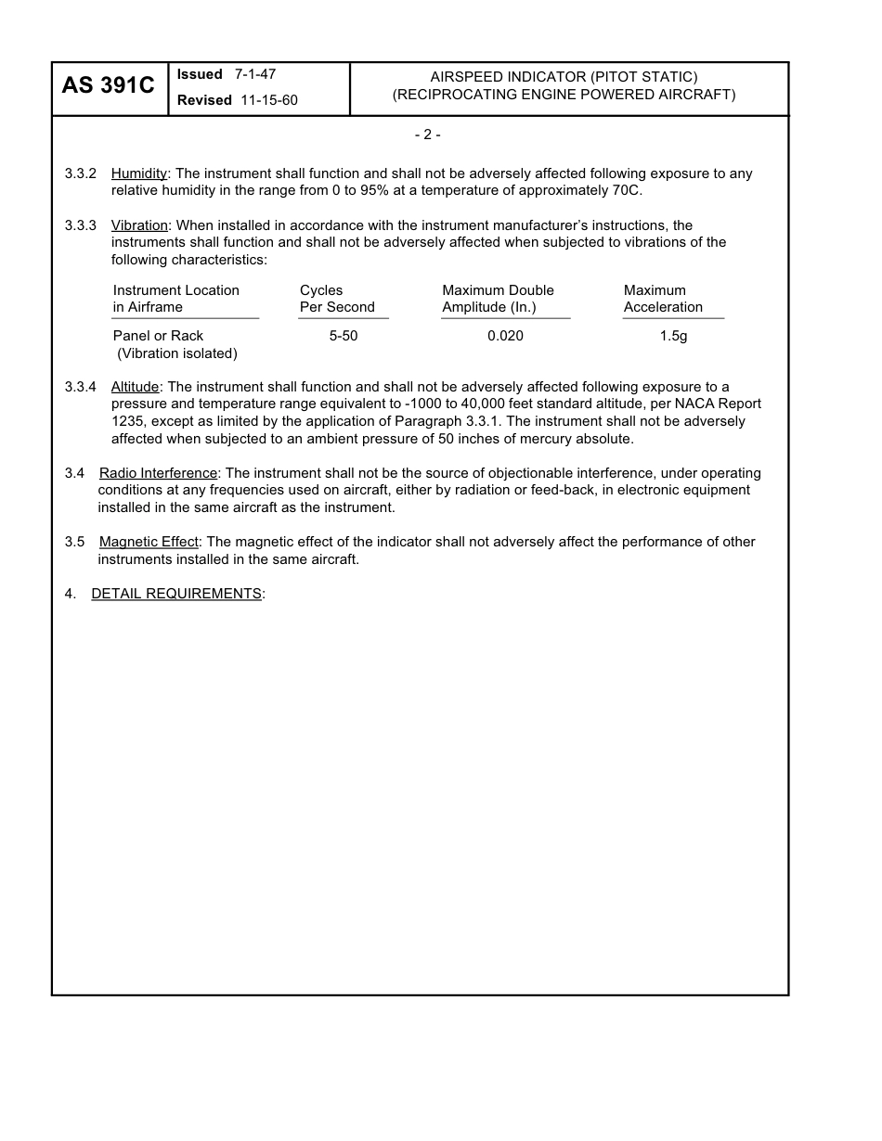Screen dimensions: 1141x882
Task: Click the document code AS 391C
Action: pos(109,86)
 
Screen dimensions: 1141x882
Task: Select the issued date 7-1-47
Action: pos(254,74)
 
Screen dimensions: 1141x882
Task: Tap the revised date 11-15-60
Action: pos(269,100)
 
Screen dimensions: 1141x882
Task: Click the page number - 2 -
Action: pos(427,135)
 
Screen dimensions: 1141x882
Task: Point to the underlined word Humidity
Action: pos(139,173)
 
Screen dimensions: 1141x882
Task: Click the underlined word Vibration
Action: pos(139,225)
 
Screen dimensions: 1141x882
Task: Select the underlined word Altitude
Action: pos(136,387)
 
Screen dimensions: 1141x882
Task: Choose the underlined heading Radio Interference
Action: pos(158,473)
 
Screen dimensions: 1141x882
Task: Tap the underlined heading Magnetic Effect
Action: pos(149,542)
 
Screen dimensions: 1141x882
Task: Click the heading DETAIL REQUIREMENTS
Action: pos(176,594)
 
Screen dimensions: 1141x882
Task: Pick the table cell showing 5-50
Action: pos(344,336)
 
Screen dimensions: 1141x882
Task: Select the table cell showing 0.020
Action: pos(505,336)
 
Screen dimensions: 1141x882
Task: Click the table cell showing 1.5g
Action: pos(673,336)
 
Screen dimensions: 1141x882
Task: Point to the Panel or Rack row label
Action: pos(158,336)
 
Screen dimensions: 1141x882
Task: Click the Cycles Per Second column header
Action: pos(337,299)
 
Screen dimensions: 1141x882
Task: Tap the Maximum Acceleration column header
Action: pos(663,299)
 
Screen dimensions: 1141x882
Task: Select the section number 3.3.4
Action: pos(81,387)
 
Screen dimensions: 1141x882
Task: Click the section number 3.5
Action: pos(74,542)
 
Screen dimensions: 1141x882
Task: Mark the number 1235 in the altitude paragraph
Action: pos(127,421)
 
